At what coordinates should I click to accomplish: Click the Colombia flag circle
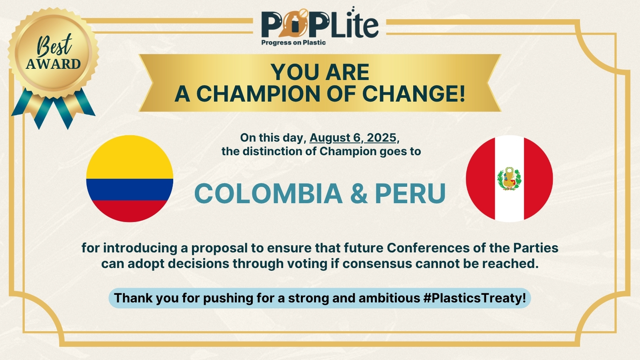click(130, 178)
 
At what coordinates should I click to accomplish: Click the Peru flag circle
click(510, 178)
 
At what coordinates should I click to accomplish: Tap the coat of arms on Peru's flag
click(509, 179)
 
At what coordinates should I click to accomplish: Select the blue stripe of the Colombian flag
click(130, 190)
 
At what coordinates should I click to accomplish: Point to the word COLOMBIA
click(268, 194)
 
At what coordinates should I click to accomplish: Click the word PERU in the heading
click(410, 194)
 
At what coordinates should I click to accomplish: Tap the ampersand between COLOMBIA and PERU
click(359, 194)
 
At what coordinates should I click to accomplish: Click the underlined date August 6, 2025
click(353, 138)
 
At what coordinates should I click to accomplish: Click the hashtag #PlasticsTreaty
click(475, 298)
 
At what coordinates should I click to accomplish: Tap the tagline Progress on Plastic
click(294, 42)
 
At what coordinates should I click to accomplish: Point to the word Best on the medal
click(54, 45)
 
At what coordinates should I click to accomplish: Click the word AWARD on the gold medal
click(54, 64)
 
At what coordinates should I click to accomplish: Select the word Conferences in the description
click(428, 248)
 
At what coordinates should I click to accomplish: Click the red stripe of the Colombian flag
click(130, 211)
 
